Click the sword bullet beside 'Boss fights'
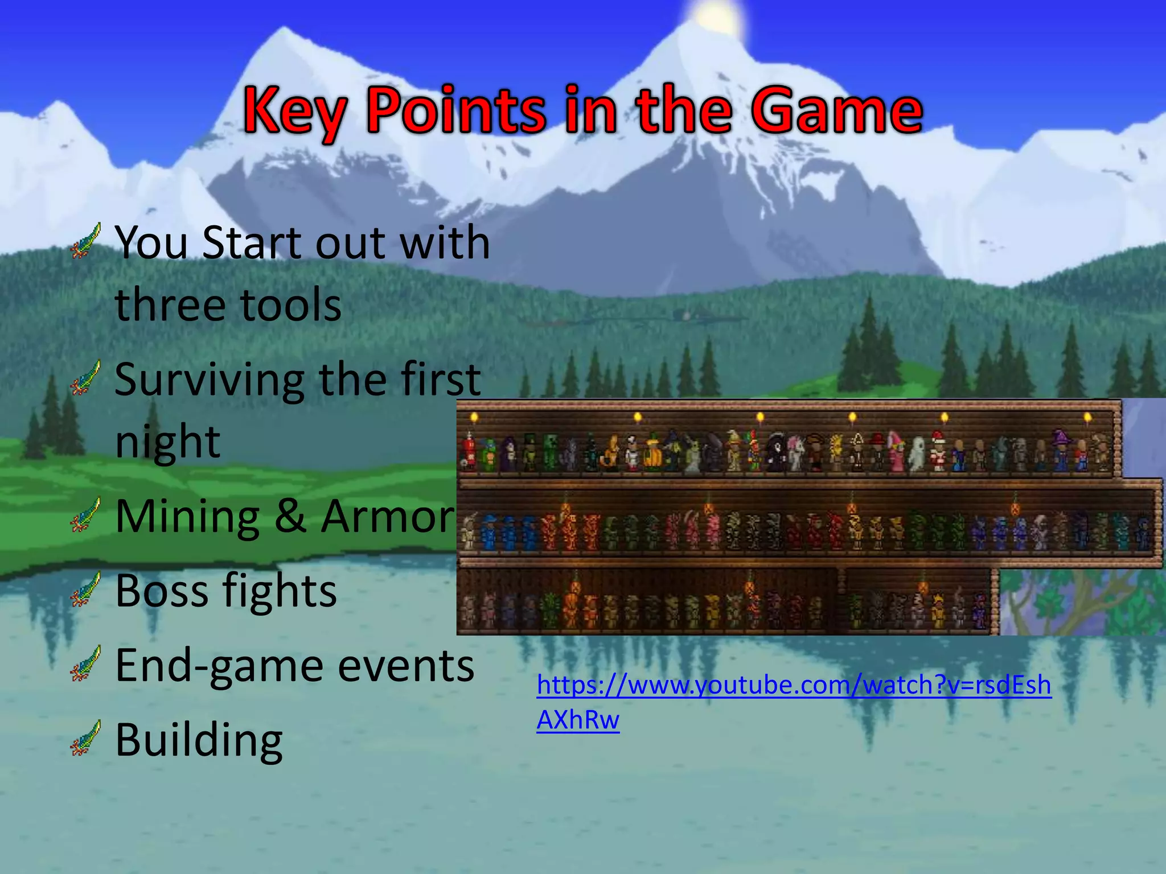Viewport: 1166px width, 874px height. (x=86, y=589)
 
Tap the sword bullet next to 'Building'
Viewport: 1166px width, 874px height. (x=86, y=737)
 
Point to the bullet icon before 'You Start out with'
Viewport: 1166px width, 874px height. (x=86, y=241)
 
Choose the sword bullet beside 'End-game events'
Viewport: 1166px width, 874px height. (x=86, y=663)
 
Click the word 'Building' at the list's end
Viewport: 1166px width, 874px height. (x=199, y=740)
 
